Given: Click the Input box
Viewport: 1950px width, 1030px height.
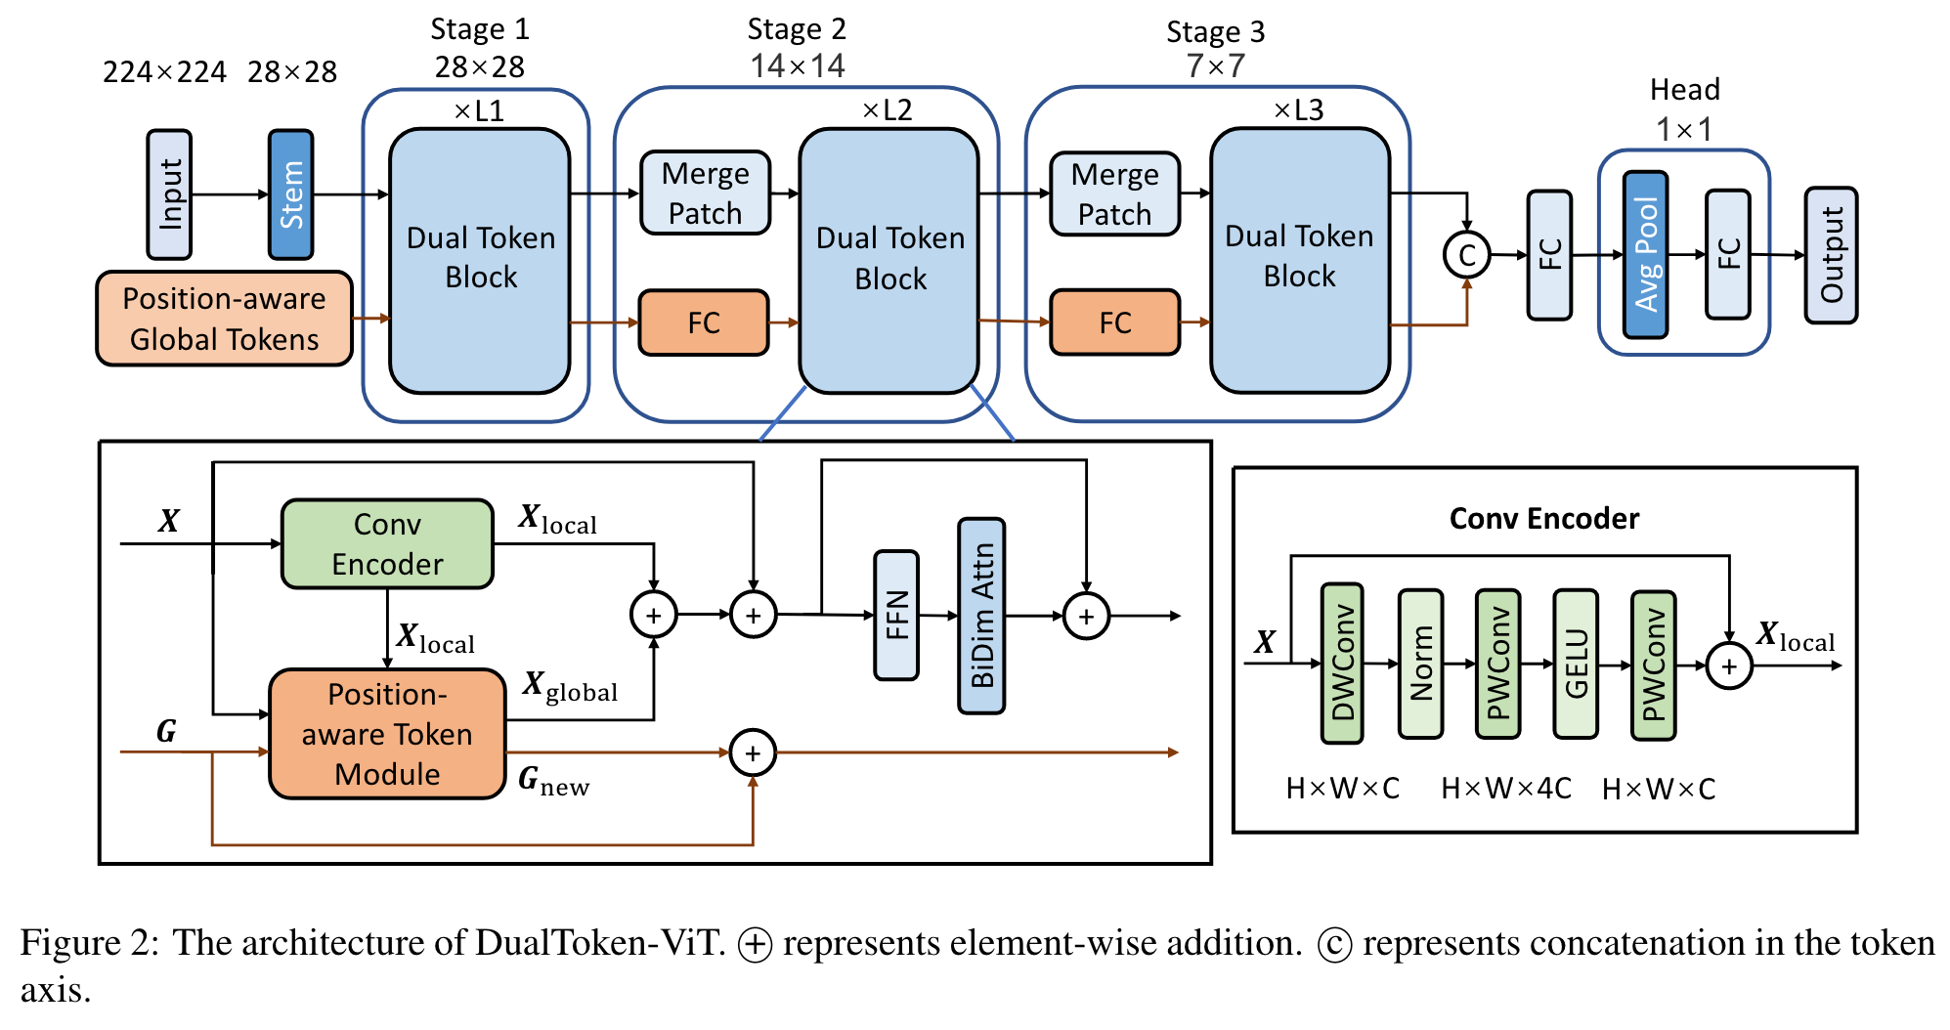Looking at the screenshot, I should (x=169, y=194).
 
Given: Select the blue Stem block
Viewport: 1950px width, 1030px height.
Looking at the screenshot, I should (x=291, y=194).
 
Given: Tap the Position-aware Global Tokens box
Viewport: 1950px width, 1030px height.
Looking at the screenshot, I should (x=224, y=319).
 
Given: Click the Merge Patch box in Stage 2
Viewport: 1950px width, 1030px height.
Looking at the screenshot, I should (x=705, y=193).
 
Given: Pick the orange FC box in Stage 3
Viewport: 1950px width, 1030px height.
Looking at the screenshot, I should (x=1114, y=322).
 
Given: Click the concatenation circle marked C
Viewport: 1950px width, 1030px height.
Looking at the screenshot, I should (x=1466, y=255).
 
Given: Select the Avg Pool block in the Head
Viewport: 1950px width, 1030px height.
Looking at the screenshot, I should (x=1646, y=255).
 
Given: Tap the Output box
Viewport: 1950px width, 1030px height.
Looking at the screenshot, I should (x=1831, y=255).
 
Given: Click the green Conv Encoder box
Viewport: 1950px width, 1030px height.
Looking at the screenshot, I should (x=387, y=544).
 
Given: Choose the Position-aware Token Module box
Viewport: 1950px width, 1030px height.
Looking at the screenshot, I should (x=387, y=734).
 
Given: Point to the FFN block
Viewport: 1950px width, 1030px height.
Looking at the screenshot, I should (x=896, y=615).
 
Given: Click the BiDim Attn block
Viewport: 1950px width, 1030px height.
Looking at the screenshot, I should (x=982, y=616).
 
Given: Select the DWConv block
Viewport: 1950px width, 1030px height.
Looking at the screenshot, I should (x=1342, y=664).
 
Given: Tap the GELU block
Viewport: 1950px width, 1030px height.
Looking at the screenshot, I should (x=1576, y=664).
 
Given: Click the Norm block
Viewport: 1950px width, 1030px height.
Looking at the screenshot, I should (x=1420, y=664).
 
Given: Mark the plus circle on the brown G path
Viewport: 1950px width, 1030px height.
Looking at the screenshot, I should (x=753, y=753).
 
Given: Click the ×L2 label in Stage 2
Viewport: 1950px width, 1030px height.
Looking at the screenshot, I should (x=887, y=109).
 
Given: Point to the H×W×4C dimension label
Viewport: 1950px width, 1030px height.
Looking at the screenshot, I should (x=1506, y=789).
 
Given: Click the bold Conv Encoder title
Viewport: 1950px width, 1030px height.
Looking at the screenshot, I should (x=1544, y=518).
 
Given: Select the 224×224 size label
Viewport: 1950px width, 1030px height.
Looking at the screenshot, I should (x=164, y=72).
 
